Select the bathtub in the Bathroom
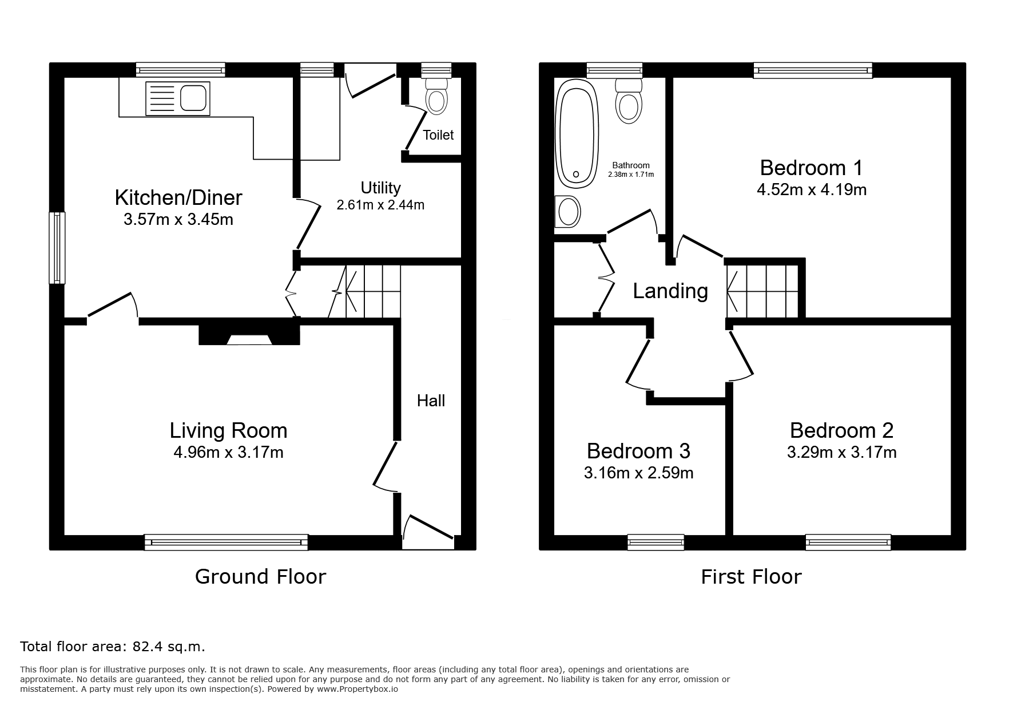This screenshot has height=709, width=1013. pos(578,133)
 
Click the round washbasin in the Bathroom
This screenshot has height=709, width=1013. pos(568,212)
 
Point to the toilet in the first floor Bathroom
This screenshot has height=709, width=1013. pos(629,101)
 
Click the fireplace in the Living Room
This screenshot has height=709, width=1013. pos(249,335)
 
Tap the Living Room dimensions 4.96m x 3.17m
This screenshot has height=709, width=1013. pos(228,453)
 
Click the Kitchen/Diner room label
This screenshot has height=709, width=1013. pos(178,197)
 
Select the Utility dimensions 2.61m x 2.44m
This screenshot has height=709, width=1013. pos(380,205)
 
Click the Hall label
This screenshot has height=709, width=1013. pos(431,401)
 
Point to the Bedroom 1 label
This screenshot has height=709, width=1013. pos(811,168)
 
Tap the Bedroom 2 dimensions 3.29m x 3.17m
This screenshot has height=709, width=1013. pos(841,453)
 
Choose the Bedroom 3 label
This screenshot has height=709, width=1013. pos(638,451)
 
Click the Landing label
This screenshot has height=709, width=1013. pos(670,291)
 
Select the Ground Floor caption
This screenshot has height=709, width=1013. pos(260,576)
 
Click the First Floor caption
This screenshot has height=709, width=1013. pos(751,576)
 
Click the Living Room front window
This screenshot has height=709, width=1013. pos(226,542)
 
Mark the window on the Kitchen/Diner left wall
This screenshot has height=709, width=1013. pos(57,248)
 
